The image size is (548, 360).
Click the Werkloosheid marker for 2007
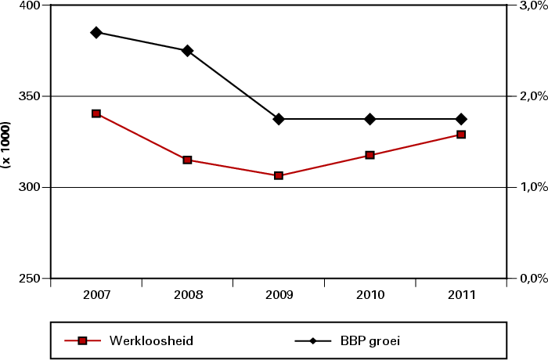96,113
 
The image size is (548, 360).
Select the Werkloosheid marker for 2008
188,160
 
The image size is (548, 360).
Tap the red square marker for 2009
279,175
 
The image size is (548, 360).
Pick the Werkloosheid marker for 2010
370,155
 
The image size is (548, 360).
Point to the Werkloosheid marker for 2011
461,135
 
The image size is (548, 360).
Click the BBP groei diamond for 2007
96,32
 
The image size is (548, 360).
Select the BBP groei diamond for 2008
188,51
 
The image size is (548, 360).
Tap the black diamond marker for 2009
279,119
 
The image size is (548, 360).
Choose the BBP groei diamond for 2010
370,119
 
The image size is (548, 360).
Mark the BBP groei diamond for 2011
461,119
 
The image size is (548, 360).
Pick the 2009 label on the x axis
279,296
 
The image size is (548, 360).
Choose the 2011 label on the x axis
461,296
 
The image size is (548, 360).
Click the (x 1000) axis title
6,145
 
